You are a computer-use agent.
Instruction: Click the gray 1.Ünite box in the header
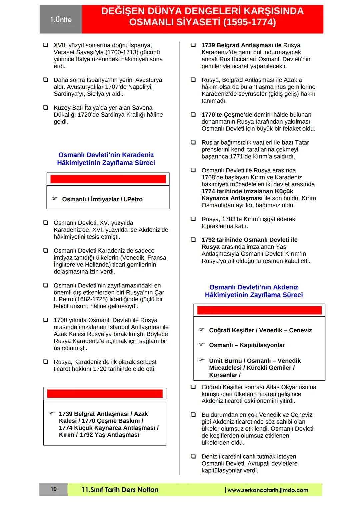[61, 20]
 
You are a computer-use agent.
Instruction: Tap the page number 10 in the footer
[54, 489]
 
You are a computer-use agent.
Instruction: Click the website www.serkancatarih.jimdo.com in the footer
[268, 490]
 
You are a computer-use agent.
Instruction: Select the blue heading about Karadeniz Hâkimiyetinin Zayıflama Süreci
[106, 159]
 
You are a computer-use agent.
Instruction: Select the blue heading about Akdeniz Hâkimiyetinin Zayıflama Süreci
[254, 291]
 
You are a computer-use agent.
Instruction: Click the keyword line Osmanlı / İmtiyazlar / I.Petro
[102, 199]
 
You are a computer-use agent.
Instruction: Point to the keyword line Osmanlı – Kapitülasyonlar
[247, 345]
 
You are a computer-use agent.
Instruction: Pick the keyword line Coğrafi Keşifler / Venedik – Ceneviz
[260, 330]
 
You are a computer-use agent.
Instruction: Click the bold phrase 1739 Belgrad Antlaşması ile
[241, 45]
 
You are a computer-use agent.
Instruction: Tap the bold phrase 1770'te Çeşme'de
[227, 115]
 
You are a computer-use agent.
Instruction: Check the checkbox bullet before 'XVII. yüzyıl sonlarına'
[45, 45]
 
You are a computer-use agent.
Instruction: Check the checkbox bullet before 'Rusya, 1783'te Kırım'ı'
[193, 219]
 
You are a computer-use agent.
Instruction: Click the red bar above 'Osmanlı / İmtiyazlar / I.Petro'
[108, 179]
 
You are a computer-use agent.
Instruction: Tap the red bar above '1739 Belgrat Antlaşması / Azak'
[105, 393]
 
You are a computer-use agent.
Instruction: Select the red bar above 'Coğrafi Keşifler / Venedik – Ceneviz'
[259, 310]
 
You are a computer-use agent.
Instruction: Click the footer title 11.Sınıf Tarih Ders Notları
[120, 490]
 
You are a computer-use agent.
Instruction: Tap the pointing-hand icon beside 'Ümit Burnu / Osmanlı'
[202, 360]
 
